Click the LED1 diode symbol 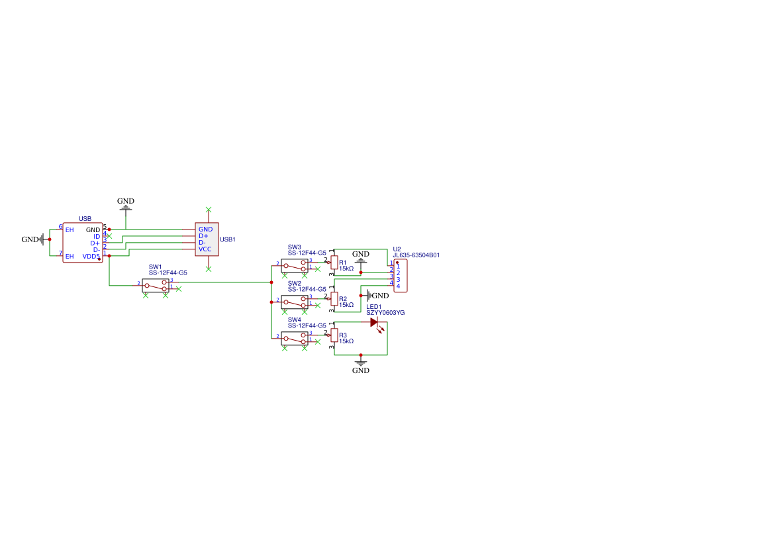click(375, 323)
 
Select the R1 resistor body click(334, 263)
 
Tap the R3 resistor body click(334, 335)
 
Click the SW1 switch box click(156, 286)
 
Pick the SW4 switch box click(295, 339)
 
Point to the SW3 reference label click(294, 247)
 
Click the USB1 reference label click(228, 239)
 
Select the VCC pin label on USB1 click(205, 249)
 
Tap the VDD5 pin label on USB click(91, 256)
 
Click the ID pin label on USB click(97, 236)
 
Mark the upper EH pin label click(69, 230)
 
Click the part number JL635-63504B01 click(416, 255)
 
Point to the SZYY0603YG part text click(385, 312)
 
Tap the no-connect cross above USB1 click(209, 210)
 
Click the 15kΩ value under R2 click(346, 305)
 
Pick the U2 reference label click(397, 249)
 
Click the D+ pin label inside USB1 click(203, 236)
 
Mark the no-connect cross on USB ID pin click(110, 236)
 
